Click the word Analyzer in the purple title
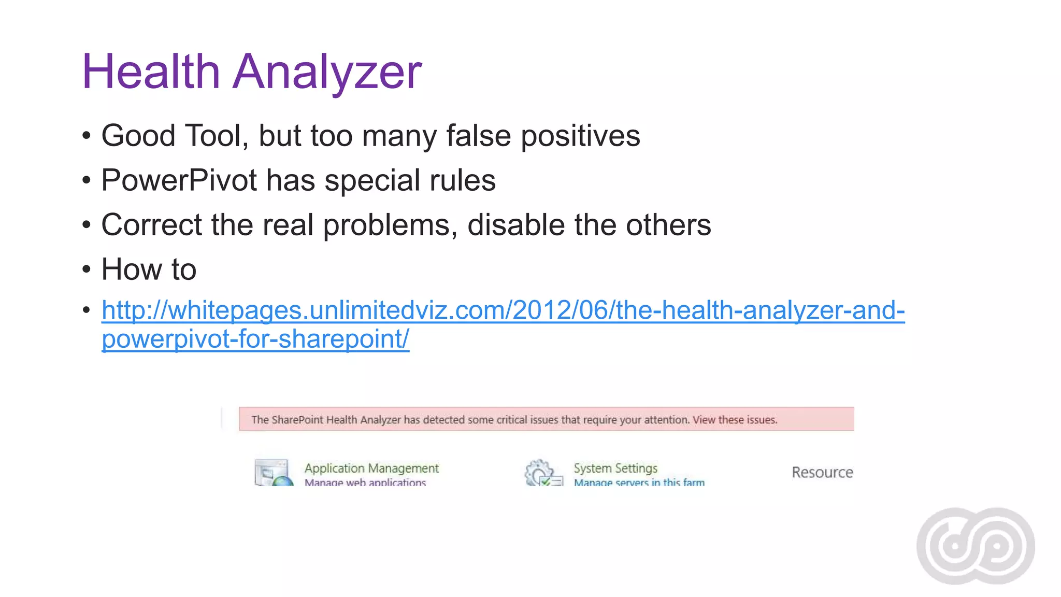point(327,73)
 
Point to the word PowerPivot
point(179,180)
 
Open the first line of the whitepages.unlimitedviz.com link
point(503,310)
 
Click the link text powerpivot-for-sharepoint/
point(255,339)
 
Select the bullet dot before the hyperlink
point(87,310)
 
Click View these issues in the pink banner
point(735,420)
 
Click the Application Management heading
point(371,468)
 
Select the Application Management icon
point(273,472)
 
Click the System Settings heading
point(615,468)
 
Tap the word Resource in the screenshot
point(822,472)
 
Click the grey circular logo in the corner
point(976,546)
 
